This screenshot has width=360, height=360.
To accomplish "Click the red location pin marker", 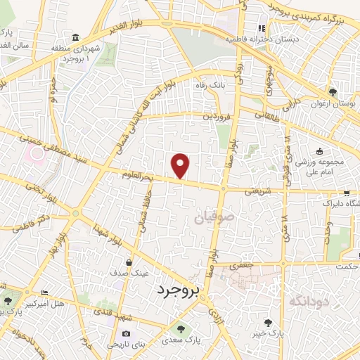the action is click(x=181, y=165).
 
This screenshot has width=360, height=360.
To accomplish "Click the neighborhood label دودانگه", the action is click(x=309, y=300).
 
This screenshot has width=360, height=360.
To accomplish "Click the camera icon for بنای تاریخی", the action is click(x=126, y=333).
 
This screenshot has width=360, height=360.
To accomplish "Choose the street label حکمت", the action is click(x=347, y=266).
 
